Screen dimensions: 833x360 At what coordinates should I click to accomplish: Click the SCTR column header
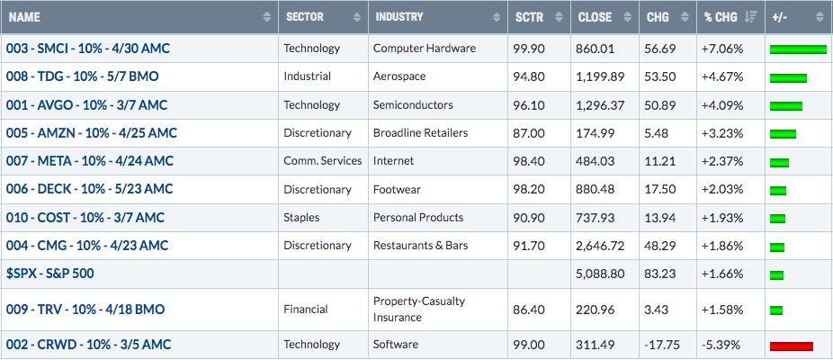click(529, 17)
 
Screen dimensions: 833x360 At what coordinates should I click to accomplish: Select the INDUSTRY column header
click(399, 17)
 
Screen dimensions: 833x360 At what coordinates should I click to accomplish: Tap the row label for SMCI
click(88, 49)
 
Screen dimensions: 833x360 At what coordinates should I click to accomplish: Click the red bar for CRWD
click(791, 346)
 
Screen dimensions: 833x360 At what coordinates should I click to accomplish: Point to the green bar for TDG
click(788, 78)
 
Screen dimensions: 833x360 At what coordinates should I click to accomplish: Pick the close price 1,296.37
click(600, 105)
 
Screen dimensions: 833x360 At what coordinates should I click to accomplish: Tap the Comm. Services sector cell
click(322, 161)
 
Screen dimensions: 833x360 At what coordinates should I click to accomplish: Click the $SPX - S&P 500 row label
click(50, 274)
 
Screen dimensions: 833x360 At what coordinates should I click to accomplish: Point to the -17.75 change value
click(661, 345)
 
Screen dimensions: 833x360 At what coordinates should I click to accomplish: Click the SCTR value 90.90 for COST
click(529, 218)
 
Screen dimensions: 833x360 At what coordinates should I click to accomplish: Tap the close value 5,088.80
click(600, 274)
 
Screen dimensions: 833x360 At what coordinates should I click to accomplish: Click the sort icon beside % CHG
click(750, 17)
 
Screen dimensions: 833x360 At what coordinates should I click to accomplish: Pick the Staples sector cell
click(301, 218)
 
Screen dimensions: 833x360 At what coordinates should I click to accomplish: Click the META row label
click(90, 161)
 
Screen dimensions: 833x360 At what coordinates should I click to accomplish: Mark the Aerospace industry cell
click(399, 76)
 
